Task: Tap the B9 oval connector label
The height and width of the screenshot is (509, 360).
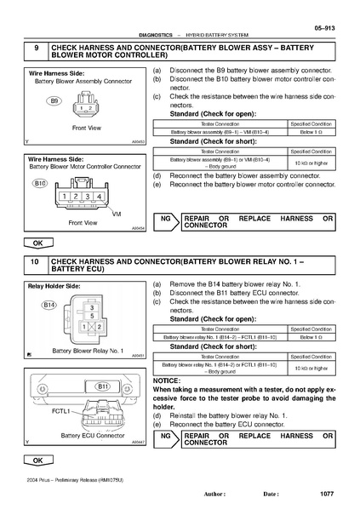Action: click(54, 100)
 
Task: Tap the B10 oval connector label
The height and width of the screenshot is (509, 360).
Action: click(40, 183)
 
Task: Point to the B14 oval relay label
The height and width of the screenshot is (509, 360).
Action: click(49, 304)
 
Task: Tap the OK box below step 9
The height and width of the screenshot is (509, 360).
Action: click(38, 243)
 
